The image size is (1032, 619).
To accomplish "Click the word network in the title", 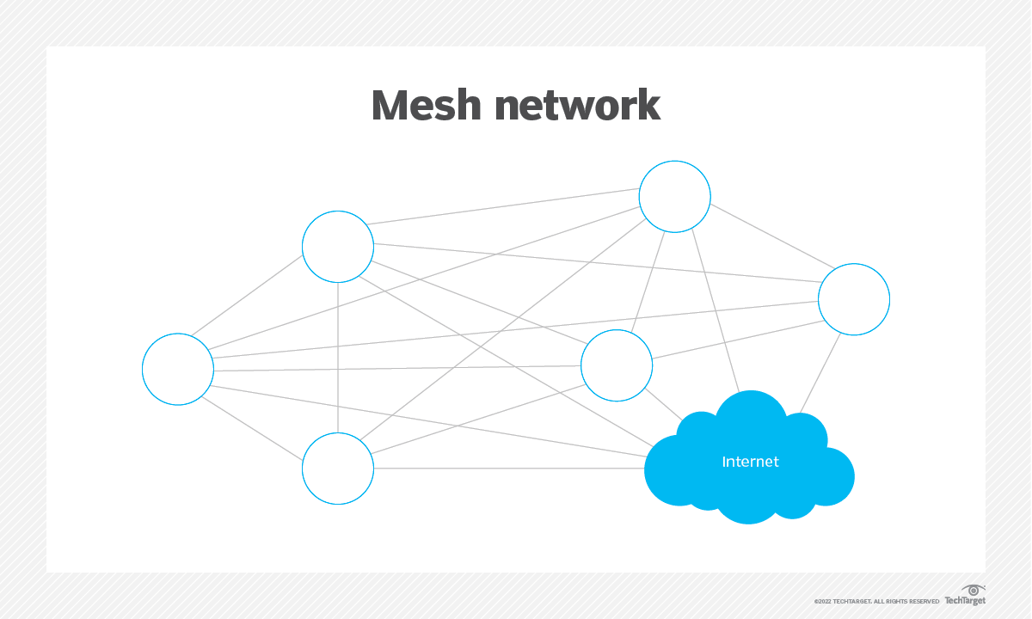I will tap(578, 105).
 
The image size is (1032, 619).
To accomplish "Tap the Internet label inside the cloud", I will tap(750, 462).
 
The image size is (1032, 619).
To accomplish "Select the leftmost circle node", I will tap(178, 369).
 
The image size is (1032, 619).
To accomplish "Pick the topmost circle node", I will tap(675, 197).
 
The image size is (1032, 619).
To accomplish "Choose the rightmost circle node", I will tap(854, 299).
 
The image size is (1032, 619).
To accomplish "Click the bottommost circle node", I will tap(338, 469).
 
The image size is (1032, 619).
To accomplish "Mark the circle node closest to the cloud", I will tap(617, 365).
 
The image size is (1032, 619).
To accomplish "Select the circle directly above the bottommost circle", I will tap(338, 247).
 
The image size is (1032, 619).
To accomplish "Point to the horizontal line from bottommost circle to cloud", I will tap(507, 469).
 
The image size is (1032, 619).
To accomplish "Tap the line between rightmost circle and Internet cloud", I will tap(821, 370).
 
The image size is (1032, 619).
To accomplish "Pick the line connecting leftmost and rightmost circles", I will tap(516, 333).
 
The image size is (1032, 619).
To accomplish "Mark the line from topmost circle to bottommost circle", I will tap(507, 331).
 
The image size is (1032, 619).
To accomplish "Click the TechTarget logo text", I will tap(965, 600).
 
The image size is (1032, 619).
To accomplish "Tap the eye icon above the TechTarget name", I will tap(973, 590).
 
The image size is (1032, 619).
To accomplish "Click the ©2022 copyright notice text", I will tap(876, 601).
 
